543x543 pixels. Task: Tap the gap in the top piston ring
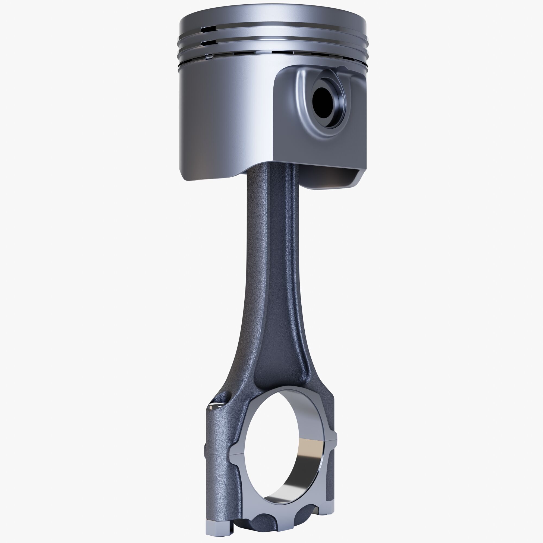tap(208, 29)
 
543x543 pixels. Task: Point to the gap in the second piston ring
tap(208, 42)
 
